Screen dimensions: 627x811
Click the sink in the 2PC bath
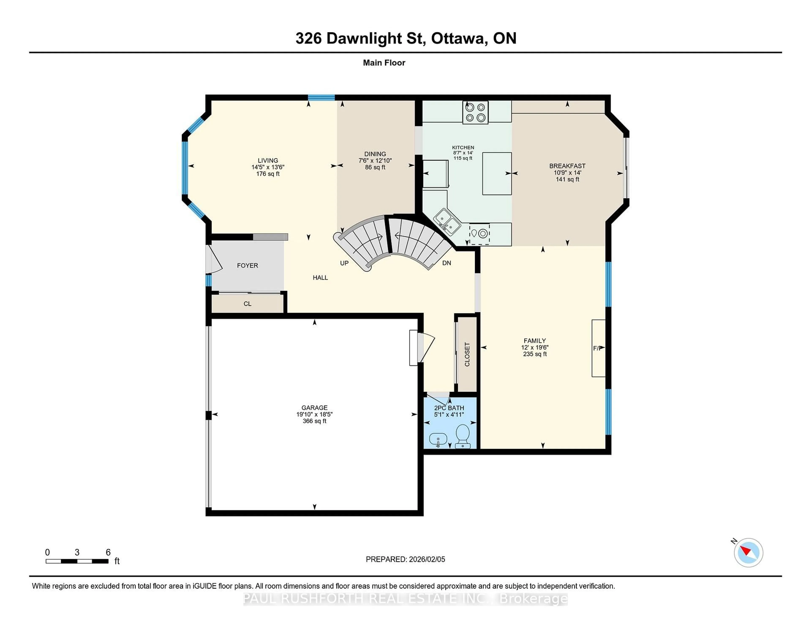click(x=438, y=440)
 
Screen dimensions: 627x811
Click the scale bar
click(x=77, y=561)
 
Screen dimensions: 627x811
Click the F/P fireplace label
click(x=597, y=348)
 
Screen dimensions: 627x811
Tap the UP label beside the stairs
click(x=344, y=263)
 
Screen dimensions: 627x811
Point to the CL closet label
click(x=247, y=304)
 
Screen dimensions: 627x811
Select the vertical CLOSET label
click(x=467, y=354)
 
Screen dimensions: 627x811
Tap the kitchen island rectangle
click(x=497, y=173)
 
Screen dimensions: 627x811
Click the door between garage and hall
click(x=423, y=348)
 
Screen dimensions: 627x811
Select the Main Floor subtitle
click(x=384, y=63)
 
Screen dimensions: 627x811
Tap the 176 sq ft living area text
click(x=268, y=174)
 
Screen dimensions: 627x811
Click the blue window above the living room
click(x=321, y=98)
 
